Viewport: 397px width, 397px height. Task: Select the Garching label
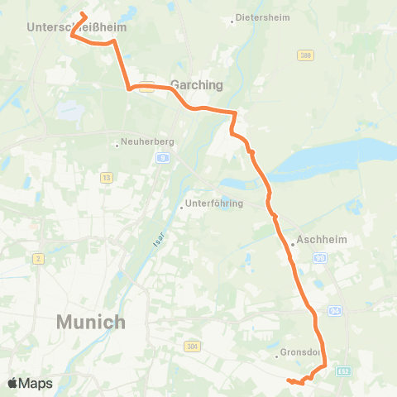pos(197,84)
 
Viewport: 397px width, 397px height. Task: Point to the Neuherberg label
pos(146,141)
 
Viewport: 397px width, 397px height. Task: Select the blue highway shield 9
pos(165,157)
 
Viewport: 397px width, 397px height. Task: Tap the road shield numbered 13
pos(106,177)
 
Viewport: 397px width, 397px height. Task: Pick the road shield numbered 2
pos(38,259)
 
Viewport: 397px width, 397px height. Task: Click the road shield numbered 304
pos(193,346)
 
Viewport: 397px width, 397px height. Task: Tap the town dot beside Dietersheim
pos(232,22)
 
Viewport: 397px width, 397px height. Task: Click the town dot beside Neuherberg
pos(117,146)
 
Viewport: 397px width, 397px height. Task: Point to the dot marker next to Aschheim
pos(293,244)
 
